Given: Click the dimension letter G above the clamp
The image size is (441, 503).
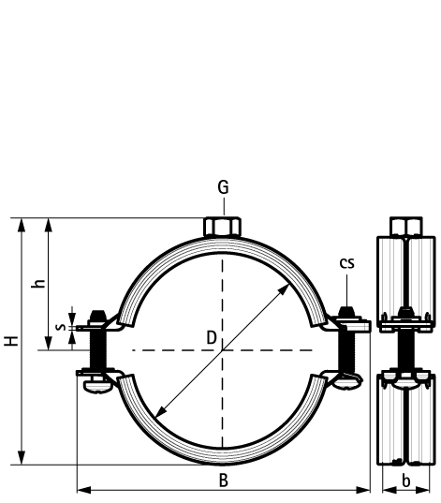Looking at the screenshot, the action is click(x=223, y=187).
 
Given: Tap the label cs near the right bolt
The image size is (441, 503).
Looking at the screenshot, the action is click(x=347, y=263).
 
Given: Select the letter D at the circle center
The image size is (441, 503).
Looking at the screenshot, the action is click(x=212, y=338).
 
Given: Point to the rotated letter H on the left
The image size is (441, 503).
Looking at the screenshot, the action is click(x=11, y=341).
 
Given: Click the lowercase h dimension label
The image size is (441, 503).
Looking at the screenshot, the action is click(x=38, y=284).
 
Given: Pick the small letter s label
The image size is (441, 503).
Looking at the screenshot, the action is click(x=60, y=327).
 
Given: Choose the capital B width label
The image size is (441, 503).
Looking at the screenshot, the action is click(x=224, y=481).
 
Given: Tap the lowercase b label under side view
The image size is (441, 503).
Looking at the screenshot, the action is click(x=406, y=481).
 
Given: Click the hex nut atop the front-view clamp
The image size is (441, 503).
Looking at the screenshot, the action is click(x=222, y=227).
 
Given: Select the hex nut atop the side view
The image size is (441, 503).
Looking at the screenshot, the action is click(x=406, y=227).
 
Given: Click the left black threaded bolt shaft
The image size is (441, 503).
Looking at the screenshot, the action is click(x=97, y=349).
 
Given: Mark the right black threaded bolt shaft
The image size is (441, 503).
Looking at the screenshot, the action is click(x=346, y=351).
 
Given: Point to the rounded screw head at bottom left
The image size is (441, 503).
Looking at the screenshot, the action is click(x=97, y=387).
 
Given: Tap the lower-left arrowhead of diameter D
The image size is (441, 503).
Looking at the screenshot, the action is click(x=161, y=411).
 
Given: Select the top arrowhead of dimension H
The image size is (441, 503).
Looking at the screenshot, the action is click(x=22, y=225).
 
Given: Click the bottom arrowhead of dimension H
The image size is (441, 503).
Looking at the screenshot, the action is click(x=22, y=458).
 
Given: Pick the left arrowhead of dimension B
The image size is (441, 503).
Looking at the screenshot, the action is click(x=84, y=490).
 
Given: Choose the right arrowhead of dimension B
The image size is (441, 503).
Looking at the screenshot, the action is click(x=363, y=490).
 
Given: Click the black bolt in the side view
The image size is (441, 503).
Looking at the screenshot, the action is click(x=405, y=349).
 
